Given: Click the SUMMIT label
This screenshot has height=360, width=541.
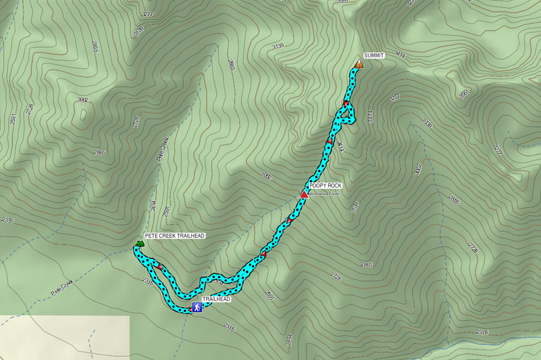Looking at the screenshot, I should click(x=373, y=55).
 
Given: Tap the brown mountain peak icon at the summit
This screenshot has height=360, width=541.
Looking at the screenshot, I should click(x=359, y=63).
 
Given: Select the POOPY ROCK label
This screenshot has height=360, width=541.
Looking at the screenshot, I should click(x=325, y=186).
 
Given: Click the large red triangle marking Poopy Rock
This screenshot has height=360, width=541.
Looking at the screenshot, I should click(x=304, y=194).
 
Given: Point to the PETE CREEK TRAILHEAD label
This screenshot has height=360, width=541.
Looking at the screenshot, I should click(x=175, y=236).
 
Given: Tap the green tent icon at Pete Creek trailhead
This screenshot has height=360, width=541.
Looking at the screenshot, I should click(x=139, y=243).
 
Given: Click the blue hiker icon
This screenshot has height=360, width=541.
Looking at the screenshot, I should click(x=196, y=308).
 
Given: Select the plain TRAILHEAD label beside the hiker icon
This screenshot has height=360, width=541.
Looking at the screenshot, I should click(x=216, y=299).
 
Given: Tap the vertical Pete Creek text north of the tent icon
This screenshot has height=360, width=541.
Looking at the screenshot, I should click(x=164, y=150).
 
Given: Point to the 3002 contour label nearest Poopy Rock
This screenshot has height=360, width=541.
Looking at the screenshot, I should click(x=267, y=176).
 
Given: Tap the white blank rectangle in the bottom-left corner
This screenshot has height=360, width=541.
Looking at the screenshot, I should click(x=64, y=337).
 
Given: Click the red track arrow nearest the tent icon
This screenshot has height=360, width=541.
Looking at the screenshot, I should click(x=160, y=265).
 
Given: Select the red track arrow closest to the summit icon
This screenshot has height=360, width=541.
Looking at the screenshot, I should click(x=346, y=103).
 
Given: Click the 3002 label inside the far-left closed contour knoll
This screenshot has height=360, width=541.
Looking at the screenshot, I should click(x=82, y=100).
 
